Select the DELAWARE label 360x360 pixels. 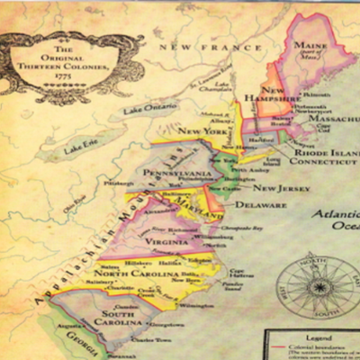261,206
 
